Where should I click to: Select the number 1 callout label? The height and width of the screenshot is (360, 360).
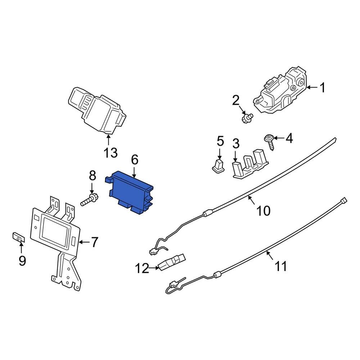click(323, 87)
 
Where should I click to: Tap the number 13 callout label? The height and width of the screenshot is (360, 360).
click(111, 153)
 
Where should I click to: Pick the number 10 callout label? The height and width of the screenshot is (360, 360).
click(264, 211)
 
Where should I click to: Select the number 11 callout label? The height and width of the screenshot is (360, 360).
click(281, 266)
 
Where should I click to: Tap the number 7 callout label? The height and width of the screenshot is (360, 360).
click(94, 242)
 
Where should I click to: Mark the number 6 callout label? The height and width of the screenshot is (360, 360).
click(134, 159)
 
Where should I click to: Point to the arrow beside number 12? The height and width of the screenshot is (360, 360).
click(154, 267)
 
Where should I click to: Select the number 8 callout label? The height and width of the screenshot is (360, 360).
click(93, 176)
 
